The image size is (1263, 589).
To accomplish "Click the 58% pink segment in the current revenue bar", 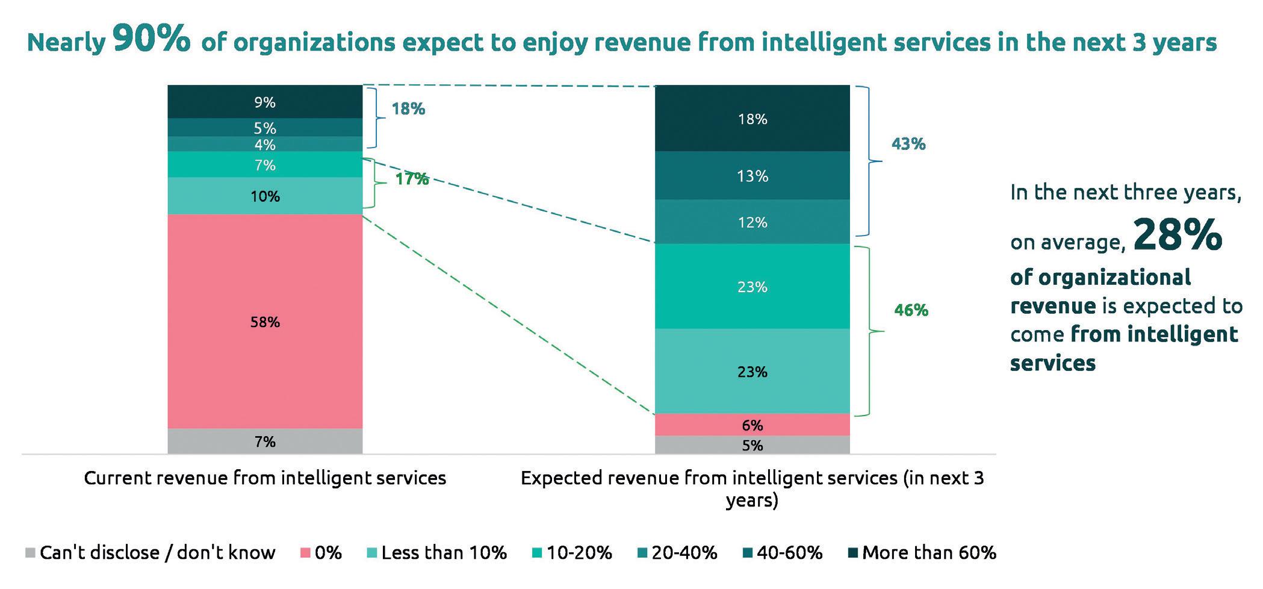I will click(x=265, y=322).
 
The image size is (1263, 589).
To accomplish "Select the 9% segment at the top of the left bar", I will click(x=265, y=102).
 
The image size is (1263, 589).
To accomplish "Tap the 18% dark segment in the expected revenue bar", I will click(x=752, y=119).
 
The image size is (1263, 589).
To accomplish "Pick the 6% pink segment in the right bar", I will click(x=752, y=425).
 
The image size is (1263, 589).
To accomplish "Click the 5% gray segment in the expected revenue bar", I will click(x=752, y=445).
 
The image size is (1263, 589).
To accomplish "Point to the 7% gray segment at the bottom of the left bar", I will click(x=265, y=441).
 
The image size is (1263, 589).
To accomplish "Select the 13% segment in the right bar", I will click(x=752, y=175).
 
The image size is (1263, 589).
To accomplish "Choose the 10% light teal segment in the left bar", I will click(x=265, y=196).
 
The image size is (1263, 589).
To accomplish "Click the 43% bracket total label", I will click(x=908, y=144).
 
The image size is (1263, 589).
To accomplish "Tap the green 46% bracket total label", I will click(x=911, y=310).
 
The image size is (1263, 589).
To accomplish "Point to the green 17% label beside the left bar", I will click(x=412, y=179).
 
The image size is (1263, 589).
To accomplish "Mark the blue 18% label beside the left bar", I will click(x=408, y=109).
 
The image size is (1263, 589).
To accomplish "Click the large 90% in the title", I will click(x=151, y=40).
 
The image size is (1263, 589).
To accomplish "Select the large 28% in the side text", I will click(x=1178, y=235).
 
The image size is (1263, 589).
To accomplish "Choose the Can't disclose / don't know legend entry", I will click(x=151, y=552).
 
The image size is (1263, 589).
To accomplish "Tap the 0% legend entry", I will click(x=321, y=552).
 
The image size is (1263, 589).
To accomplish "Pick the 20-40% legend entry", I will click(x=677, y=552).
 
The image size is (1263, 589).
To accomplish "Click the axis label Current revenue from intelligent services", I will click(x=265, y=478).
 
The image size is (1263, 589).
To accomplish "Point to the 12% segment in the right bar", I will click(x=752, y=222).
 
